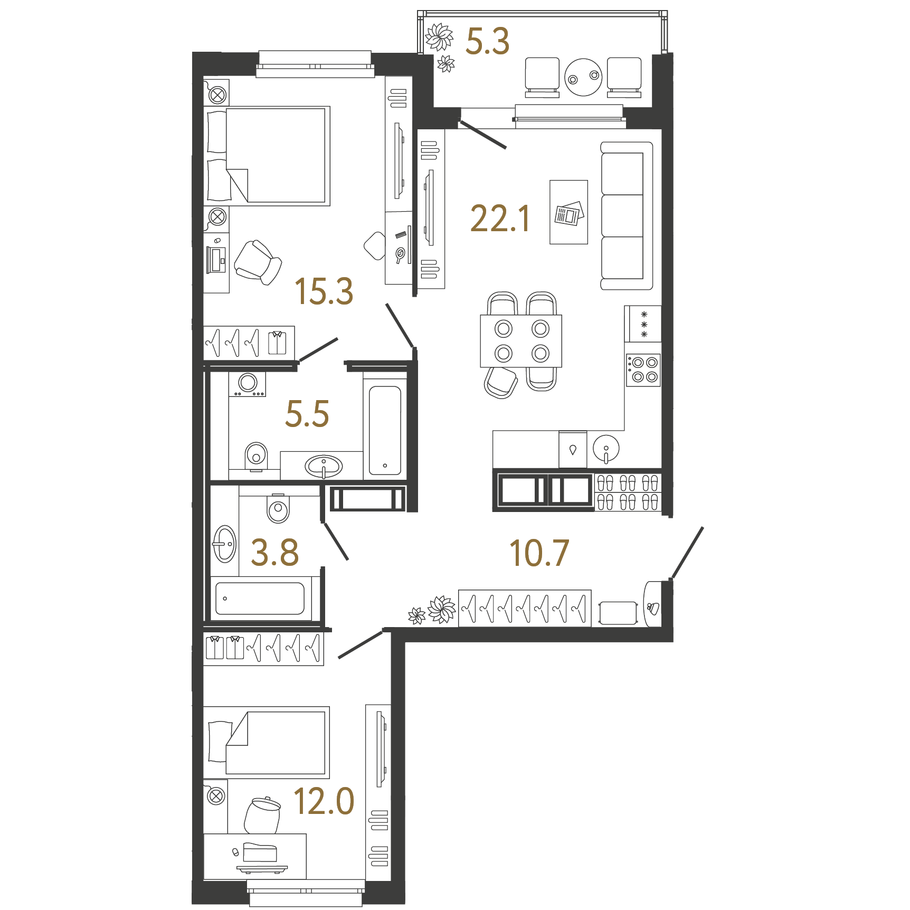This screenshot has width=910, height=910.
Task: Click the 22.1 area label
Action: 500,219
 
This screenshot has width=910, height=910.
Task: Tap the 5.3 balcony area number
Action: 487,41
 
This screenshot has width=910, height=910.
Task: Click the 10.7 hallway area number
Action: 539,553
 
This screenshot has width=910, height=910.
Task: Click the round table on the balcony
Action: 583,77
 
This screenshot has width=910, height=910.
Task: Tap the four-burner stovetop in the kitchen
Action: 643,369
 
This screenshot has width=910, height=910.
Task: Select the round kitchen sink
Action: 606,449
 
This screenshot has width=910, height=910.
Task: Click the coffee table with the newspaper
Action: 568,212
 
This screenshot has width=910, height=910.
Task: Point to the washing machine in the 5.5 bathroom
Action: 247,384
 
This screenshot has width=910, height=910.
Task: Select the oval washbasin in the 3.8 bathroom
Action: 224,544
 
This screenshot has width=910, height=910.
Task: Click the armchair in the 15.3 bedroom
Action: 258,262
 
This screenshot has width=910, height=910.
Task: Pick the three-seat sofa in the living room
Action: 627,215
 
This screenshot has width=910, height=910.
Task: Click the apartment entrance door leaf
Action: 687,553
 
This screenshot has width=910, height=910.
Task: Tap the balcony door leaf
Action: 483,134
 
